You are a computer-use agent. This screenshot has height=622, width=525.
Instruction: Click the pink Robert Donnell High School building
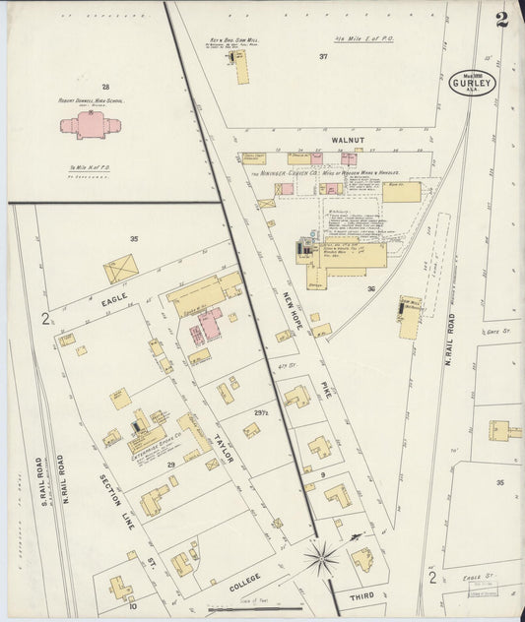tap(91, 126)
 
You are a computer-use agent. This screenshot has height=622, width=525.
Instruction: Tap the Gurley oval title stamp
tap(474, 82)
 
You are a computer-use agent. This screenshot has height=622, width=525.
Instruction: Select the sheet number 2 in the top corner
tap(502, 20)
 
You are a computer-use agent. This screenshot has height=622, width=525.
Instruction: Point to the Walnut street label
tap(348, 141)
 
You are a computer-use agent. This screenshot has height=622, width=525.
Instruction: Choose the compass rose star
tap(320, 560)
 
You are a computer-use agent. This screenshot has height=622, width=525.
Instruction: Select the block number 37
tap(322, 57)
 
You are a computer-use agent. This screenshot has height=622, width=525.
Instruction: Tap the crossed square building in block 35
tap(121, 268)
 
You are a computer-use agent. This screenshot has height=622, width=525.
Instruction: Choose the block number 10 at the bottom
tap(132, 606)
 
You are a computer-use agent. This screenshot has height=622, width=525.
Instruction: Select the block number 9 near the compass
tap(322, 474)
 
